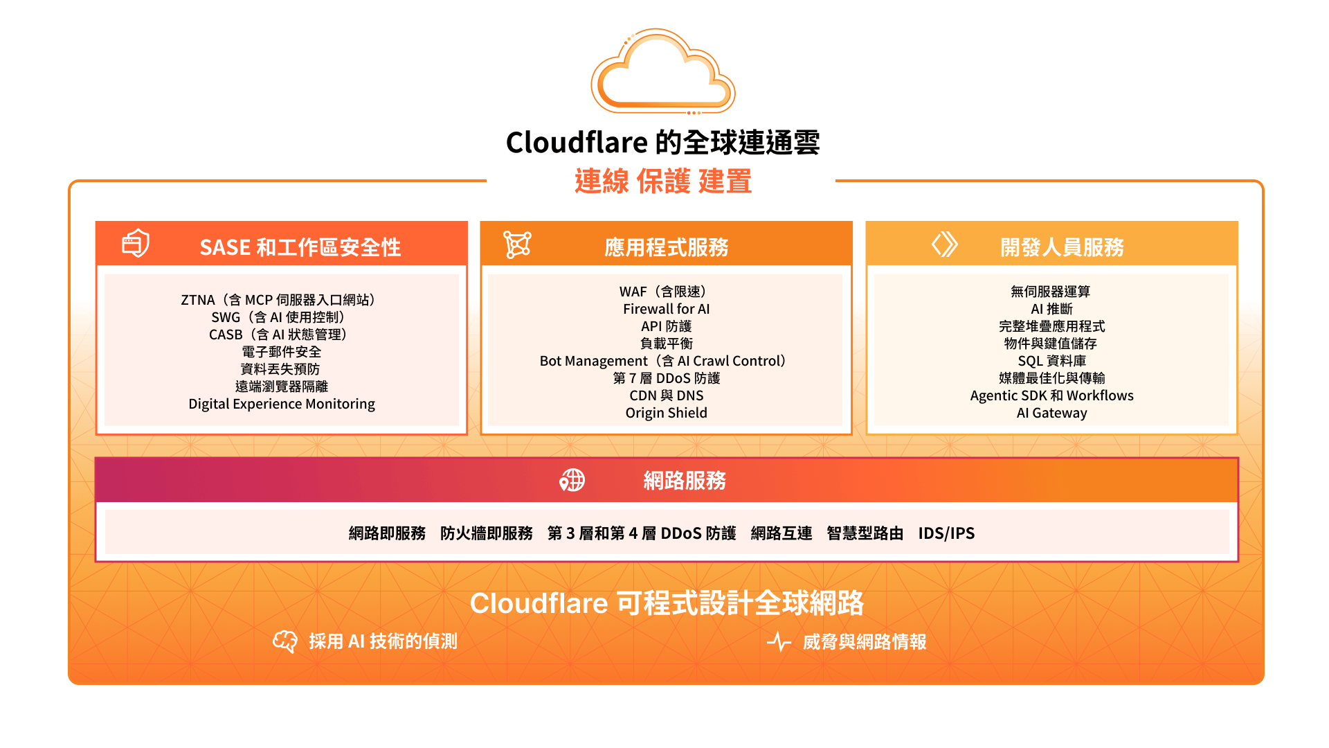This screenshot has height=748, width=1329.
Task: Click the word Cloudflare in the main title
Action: pyautogui.click(x=577, y=143)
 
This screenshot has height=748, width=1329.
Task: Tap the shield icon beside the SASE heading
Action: pyautogui.click(x=136, y=243)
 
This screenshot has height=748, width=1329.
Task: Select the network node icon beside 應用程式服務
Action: pyautogui.click(x=517, y=244)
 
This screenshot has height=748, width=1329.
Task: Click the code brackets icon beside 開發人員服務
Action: pyautogui.click(x=944, y=244)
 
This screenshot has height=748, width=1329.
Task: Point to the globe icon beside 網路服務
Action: pyautogui.click(x=572, y=480)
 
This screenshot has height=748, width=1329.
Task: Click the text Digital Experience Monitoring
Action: pyautogui.click(x=282, y=404)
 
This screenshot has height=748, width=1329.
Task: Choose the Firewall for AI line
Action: pyautogui.click(x=667, y=309)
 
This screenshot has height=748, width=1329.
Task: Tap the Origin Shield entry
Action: pyautogui.click(x=667, y=413)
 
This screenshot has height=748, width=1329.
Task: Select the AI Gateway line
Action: pyautogui.click(x=1052, y=413)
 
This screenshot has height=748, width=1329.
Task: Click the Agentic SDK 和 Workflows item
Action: pyautogui.click(x=1052, y=395)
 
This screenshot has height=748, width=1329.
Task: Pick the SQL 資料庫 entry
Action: pyautogui.click(x=1052, y=361)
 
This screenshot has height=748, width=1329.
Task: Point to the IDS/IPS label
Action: pyautogui.click(x=946, y=533)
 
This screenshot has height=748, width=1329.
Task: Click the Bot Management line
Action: pyautogui.click(x=663, y=361)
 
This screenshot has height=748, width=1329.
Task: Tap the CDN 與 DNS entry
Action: pyautogui.click(x=667, y=395)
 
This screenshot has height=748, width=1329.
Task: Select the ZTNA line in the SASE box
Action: pyautogui.click(x=279, y=300)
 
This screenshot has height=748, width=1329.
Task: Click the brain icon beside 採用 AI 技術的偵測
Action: pyautogui.click(x=285, y=641)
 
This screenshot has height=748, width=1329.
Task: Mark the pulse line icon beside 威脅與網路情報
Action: pyautogui.click(x=779, y=641)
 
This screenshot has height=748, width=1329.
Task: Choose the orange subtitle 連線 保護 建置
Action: pyautogui.click(x=663, y=181)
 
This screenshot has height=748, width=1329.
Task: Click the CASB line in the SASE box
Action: pyautogui.click(x=278, y=335)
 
